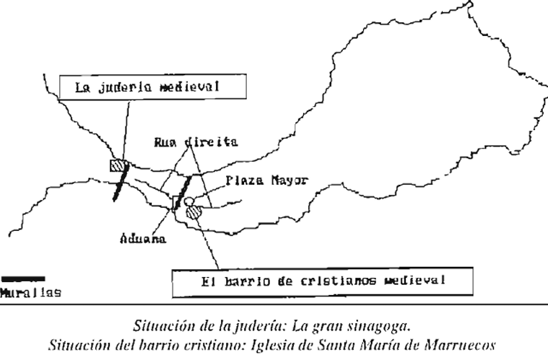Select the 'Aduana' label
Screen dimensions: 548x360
point(142,239)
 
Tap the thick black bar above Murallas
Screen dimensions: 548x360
point(22,278)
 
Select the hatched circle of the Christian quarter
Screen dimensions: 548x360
point(193,212)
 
